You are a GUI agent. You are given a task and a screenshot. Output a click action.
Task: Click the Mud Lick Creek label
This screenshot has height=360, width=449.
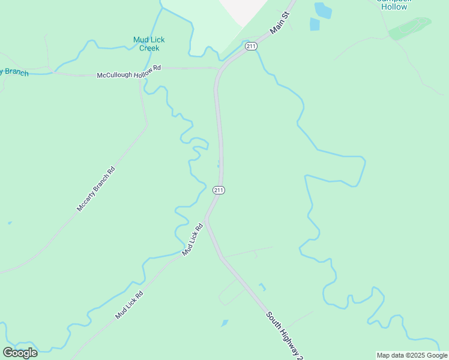pos(149,44)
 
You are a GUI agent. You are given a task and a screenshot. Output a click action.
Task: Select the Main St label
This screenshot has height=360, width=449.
pos(280,22)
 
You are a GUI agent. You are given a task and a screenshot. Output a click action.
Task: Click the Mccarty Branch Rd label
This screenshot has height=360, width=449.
pos(95,188)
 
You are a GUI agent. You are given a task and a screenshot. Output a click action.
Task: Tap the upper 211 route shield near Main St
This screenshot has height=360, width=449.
pos(251,46)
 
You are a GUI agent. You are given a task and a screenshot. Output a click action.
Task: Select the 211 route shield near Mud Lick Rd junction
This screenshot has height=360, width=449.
pos(218,190)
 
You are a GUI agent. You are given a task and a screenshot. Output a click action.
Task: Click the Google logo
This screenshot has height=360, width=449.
pos(20,352)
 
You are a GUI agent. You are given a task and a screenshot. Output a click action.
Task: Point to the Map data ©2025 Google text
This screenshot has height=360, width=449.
pos(411,355)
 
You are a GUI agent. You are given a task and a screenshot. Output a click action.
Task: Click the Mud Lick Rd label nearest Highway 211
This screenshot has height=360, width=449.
pos(193,239)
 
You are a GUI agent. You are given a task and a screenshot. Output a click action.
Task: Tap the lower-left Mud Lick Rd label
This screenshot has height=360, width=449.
pos(129,305)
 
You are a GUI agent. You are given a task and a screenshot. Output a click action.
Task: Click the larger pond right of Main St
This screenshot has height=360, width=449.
pos(322,10)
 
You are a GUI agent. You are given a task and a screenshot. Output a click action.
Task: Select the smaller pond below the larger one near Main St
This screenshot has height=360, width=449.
pos(315,24)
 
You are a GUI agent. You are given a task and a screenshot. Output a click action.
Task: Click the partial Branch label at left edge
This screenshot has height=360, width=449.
pos(13,73)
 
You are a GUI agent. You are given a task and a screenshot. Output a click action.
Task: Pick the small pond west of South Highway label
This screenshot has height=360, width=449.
pos(224,323)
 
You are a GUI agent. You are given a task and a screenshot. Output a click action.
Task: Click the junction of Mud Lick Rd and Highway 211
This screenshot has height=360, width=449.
pos(206,219)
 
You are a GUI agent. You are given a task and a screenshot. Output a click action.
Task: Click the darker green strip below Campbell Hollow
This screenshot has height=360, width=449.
pos(410,28)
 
